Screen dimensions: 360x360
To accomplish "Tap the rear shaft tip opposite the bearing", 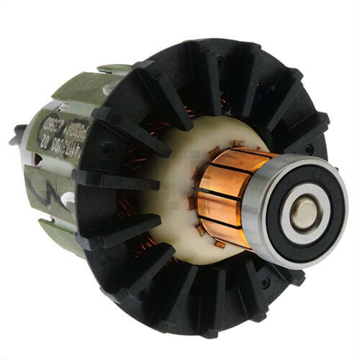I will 16,134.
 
